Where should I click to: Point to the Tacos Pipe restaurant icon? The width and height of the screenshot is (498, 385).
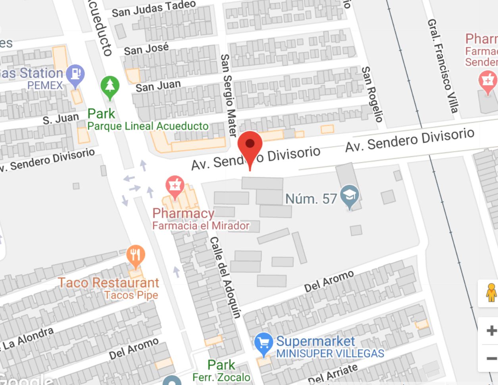click(x=135, y=255)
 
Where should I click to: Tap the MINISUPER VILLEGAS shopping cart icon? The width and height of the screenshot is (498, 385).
click(x=263, y=343)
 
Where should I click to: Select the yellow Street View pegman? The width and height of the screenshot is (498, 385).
click(x=491, y=293)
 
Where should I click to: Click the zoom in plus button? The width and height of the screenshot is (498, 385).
click(x=491, y=330)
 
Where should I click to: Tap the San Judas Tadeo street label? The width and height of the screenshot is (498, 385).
click(x=154, y=9)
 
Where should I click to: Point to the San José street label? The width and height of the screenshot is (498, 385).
click(x=146, y=49)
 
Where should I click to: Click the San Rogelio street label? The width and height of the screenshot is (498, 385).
click(x=372, y=94)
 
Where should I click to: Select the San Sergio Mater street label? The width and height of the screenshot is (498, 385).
click(x=228, y=95)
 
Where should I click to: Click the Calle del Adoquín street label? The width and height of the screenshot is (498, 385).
click(x=225, y=277)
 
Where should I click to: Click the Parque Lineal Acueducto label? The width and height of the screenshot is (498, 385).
click(x=148, y=126)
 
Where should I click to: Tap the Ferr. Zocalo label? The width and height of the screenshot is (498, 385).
click(x=221, y=377)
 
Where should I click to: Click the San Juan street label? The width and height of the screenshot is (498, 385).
click(x=158, y=86)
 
